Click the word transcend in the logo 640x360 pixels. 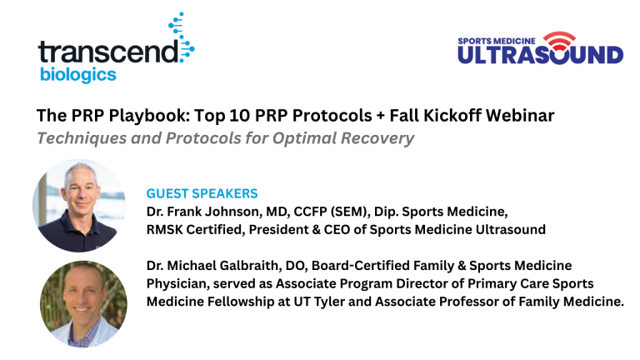coord(108,52)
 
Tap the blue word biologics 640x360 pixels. coord(78,75)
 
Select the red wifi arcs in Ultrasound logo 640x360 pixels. coord(559,39)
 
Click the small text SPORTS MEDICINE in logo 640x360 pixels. coord(497,41)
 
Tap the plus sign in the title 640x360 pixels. coord(381,116)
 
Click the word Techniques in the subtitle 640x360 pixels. coord(82,138)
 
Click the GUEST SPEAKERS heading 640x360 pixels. coord(202,193)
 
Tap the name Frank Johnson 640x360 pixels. coord(213,212)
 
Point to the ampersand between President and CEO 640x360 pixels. coord(317,229)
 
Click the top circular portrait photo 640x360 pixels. coord(79,205)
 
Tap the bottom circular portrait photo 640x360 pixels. coord(83,304)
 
